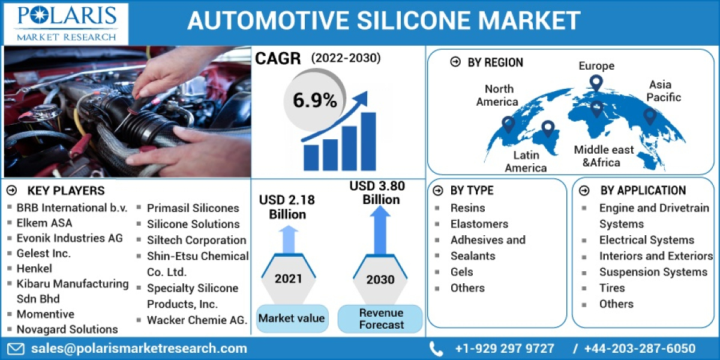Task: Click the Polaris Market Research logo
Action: tap(66, 23)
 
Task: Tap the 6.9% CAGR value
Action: tap(314, 100)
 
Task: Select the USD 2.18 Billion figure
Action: tap(287, 207)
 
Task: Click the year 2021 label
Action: tap(289, 278)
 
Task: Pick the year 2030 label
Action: tap(380, 279)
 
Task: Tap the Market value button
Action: tap(292, 318)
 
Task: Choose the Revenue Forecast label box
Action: tap(380, 319)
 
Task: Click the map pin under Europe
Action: tap(596, 83)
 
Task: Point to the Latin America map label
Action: tap(526, 162)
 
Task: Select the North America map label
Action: tap(497, 95)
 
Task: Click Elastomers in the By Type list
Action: tap(479, 224)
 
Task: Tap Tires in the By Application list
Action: tap(611, 288)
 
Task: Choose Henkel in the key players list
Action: tap(34, 268)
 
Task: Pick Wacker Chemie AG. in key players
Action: tap(197, 320)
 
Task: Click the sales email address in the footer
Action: tap(139, 349)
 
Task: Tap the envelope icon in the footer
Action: tap(16, 349)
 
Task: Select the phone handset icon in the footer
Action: tap(436, 349)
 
